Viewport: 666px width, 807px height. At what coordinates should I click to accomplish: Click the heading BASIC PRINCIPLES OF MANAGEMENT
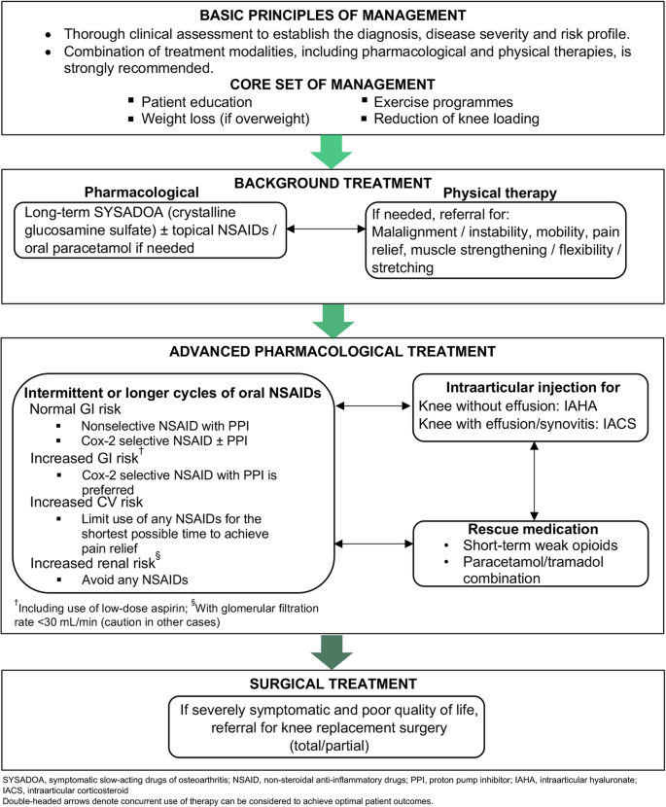coord(333,16)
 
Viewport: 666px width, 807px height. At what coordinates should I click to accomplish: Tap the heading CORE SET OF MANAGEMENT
coord(333,85)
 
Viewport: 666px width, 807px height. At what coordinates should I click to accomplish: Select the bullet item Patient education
coord(196,102)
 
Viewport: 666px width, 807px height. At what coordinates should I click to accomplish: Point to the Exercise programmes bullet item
coord(443,102)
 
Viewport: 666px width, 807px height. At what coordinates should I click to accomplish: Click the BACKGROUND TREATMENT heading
coord(333,183)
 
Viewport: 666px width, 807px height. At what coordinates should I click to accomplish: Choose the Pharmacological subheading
coord(142,193)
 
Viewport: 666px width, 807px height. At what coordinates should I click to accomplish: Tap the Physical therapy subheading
coord(500,193)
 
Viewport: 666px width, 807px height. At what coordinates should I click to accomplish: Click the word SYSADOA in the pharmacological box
coord(128,212)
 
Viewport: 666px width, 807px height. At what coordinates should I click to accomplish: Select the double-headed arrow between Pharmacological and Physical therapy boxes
coord(326,228)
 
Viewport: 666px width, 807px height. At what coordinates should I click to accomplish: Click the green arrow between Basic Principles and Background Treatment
coord(332,152)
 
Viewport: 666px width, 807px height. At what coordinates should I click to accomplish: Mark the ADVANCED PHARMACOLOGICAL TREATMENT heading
coord(333,352)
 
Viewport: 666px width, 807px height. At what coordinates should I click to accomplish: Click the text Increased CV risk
coord(87,502)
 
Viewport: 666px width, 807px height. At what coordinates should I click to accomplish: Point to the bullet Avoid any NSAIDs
coord(134,580)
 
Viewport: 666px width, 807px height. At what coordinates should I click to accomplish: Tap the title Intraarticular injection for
coord(533,387)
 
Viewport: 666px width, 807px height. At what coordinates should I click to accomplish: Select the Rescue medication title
coord(533,529)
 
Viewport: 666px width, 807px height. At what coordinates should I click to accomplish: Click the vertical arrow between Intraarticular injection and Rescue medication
coord(534,481)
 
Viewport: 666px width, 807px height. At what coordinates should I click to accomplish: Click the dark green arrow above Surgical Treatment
coord(332,651)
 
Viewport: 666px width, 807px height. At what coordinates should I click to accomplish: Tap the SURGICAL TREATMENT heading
coord(333,684)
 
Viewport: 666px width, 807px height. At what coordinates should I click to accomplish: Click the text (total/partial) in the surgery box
coord(330,745)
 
